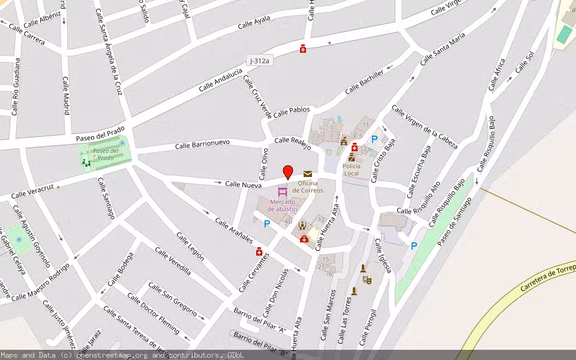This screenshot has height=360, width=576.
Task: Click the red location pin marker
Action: point(288,172)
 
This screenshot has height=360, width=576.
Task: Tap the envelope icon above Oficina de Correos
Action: point(308,174)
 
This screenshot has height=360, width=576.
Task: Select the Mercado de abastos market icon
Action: point(282,192)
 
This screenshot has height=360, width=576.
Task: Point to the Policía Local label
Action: point(351,169)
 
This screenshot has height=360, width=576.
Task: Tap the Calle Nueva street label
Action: point(243,185)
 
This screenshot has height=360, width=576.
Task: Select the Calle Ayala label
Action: point(254,23)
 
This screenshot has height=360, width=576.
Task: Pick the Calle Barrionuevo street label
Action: point(202,145)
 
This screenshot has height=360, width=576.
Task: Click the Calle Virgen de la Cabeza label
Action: point(424,127)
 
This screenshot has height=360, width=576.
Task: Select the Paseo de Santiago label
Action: point(454,221)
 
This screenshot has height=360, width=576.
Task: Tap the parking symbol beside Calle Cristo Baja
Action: point(374,139)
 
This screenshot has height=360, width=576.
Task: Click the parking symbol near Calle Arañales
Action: point(267,224)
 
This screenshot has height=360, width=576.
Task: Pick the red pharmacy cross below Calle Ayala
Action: point(303,49)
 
